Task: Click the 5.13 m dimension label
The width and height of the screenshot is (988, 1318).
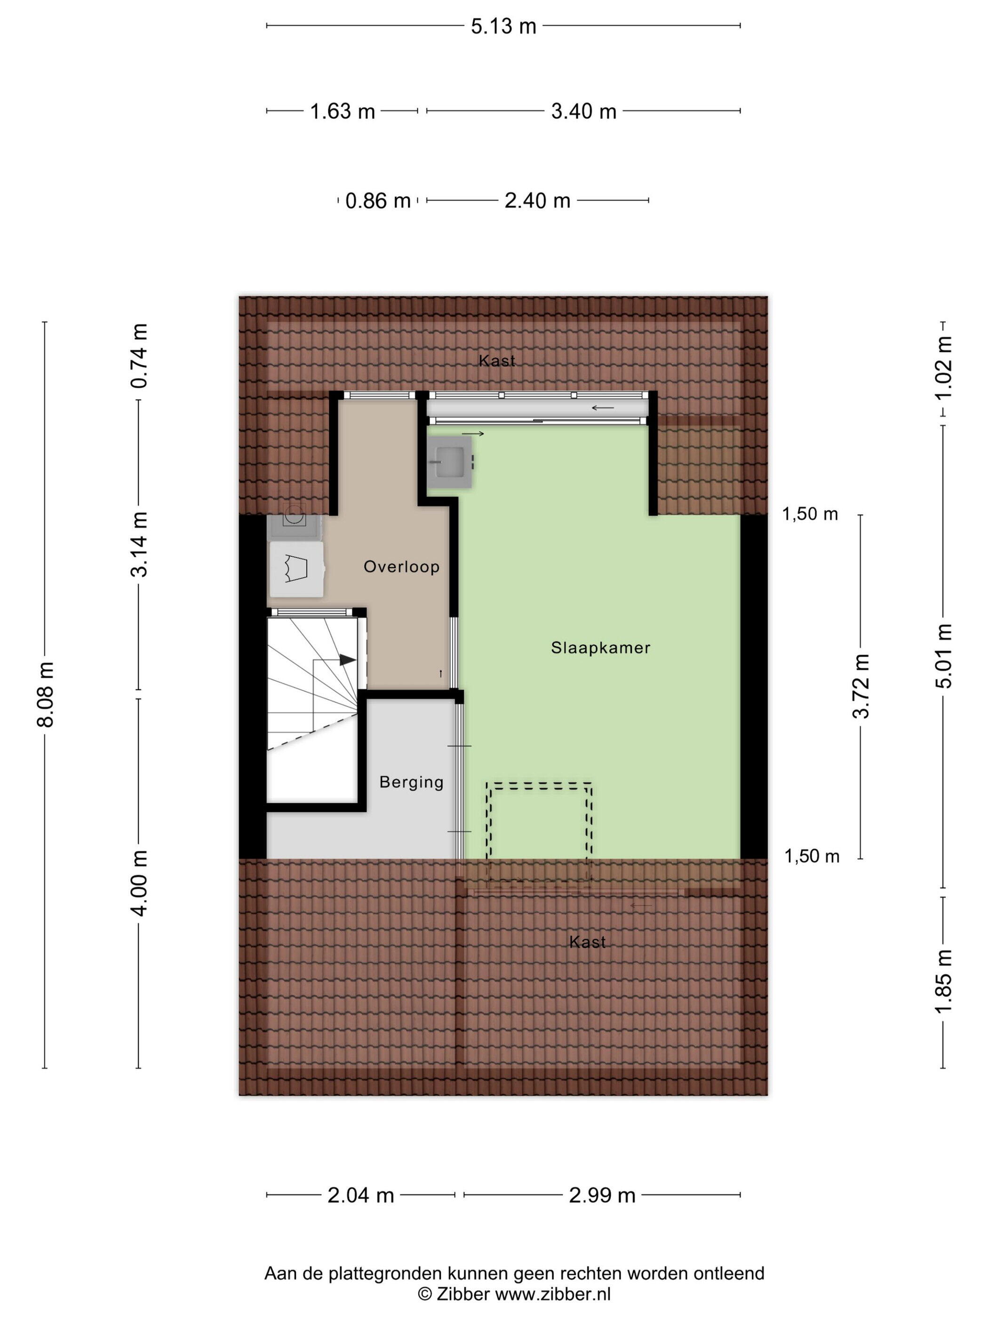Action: (503, 26)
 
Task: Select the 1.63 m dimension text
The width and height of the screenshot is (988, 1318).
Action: (343, 112)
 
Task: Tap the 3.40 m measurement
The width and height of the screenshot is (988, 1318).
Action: (584, 112)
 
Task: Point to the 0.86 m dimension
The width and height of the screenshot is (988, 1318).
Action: (378, 201)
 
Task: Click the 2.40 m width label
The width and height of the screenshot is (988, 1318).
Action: (537, 201)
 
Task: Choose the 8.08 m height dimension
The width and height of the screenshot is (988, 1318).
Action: (46, 694)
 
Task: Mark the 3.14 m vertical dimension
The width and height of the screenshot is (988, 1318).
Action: (139, 545)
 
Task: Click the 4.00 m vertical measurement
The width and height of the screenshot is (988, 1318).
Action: (139, 883)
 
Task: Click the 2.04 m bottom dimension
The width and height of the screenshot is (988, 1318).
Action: (361, 1195)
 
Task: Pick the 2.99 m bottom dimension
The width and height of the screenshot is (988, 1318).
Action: (602, 1195)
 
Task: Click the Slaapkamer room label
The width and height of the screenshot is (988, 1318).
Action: (600, 648)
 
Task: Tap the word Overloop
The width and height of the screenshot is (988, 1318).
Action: (401, 567)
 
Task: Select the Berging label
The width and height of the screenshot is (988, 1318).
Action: (412, 782)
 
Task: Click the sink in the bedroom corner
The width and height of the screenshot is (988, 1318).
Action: (450, 462)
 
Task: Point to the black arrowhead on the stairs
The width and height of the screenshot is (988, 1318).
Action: (347, 660)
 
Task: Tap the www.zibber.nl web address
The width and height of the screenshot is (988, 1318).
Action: (553, 1294)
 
